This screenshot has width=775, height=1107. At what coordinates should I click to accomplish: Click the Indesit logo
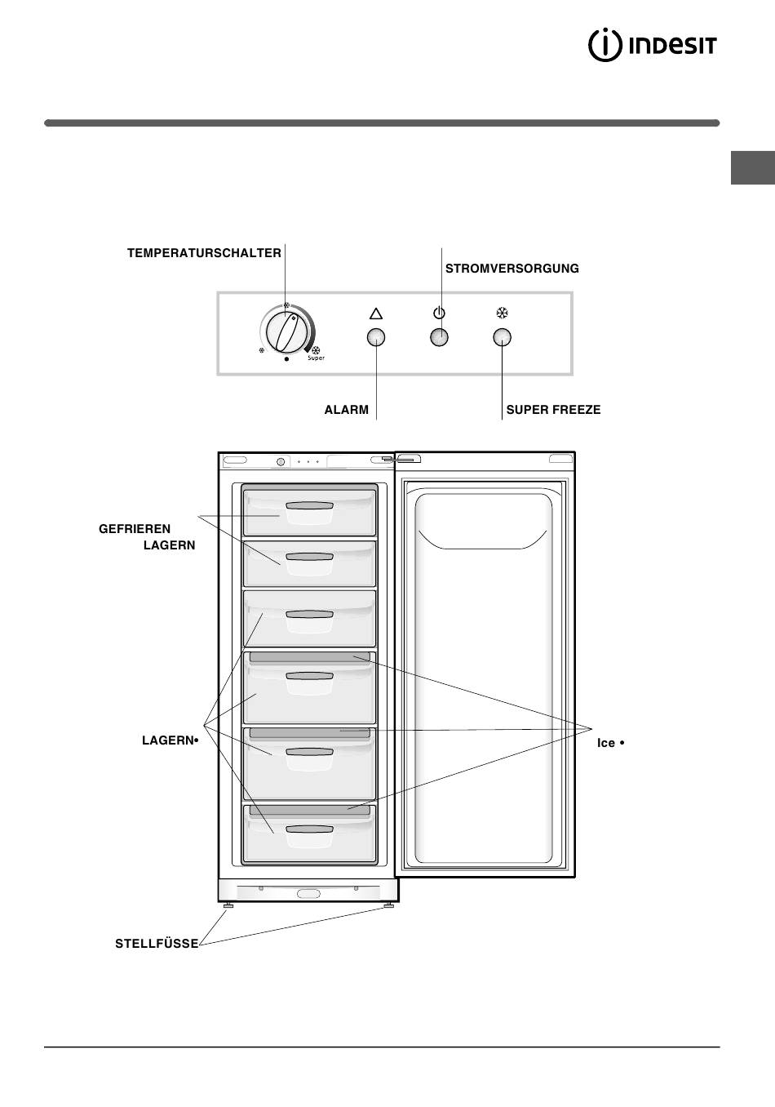tap(652, 46)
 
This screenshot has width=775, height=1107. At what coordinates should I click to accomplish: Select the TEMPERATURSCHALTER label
tap(204, 253)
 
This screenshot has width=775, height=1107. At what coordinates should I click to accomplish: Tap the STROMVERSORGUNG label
tap(512, 269)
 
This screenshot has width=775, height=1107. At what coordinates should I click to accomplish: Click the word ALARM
tap(346, 410)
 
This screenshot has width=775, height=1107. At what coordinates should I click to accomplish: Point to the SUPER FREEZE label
tap(553, 410)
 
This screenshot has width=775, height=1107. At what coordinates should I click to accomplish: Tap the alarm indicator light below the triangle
tap(376, 337)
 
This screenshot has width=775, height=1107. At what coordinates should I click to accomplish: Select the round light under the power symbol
tap(439, 337)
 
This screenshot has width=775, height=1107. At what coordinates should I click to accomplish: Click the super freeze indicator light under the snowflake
tap(503, 337)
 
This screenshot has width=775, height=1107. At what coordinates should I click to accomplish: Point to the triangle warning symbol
tap(376, 313)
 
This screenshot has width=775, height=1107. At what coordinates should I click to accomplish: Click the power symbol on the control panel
tap(439, 313)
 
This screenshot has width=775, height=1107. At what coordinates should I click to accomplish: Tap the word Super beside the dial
tap(317, 358)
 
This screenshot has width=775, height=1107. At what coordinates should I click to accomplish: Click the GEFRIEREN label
tap(135, 529)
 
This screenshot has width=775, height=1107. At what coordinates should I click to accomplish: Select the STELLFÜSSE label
tap(157, 944)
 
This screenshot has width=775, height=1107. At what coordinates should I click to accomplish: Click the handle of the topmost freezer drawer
tap(310, 505)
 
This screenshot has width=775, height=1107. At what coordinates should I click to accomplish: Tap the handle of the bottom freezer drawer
tap(310, 829)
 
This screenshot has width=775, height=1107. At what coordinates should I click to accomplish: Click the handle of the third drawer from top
tap(310, 614)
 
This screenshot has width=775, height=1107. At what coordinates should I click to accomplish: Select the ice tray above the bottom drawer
tap(310, 810)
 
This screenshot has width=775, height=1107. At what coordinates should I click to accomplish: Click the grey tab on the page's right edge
tap(753, 167)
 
